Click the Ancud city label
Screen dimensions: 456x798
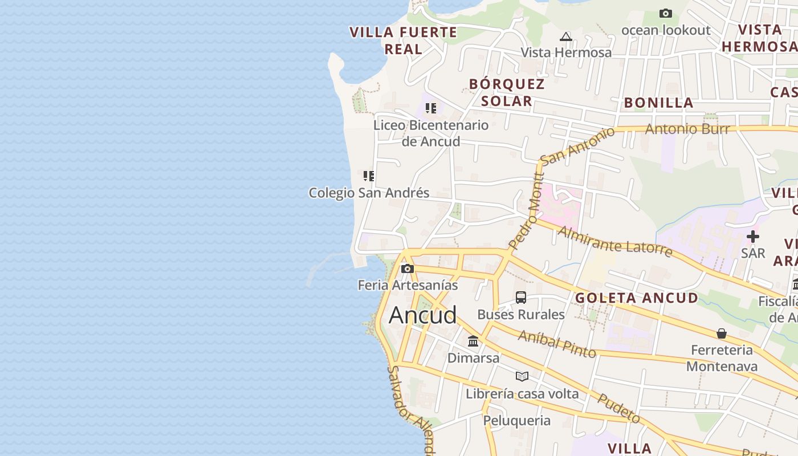tap(422, 315)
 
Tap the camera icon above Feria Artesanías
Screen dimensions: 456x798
tap(407, 268)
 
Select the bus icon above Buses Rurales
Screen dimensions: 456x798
tap(521, 298)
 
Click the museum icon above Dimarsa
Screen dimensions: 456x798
tap(473, 341)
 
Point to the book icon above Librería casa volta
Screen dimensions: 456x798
tap(522, 376)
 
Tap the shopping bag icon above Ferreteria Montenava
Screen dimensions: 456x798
tap(722, 333)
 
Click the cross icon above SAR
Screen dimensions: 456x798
tap(753, 236)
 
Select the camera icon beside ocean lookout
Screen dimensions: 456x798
tap(665, 13)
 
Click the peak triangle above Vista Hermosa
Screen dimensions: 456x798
tap(566, 37)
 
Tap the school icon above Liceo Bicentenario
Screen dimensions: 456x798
tap(431, 108)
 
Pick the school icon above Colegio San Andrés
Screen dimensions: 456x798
tap(369, 176)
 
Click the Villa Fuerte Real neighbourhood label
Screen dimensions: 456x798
tap(404, 40)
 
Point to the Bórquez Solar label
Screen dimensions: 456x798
tap(507, 92)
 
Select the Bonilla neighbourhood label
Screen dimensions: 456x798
tap(658, 103)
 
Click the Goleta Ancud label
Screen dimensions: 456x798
tap(636, 298)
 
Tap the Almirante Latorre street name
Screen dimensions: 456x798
tap(615, 241)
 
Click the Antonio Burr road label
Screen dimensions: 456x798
tap(687, 129)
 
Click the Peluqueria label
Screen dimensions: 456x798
tap(517, 421)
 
